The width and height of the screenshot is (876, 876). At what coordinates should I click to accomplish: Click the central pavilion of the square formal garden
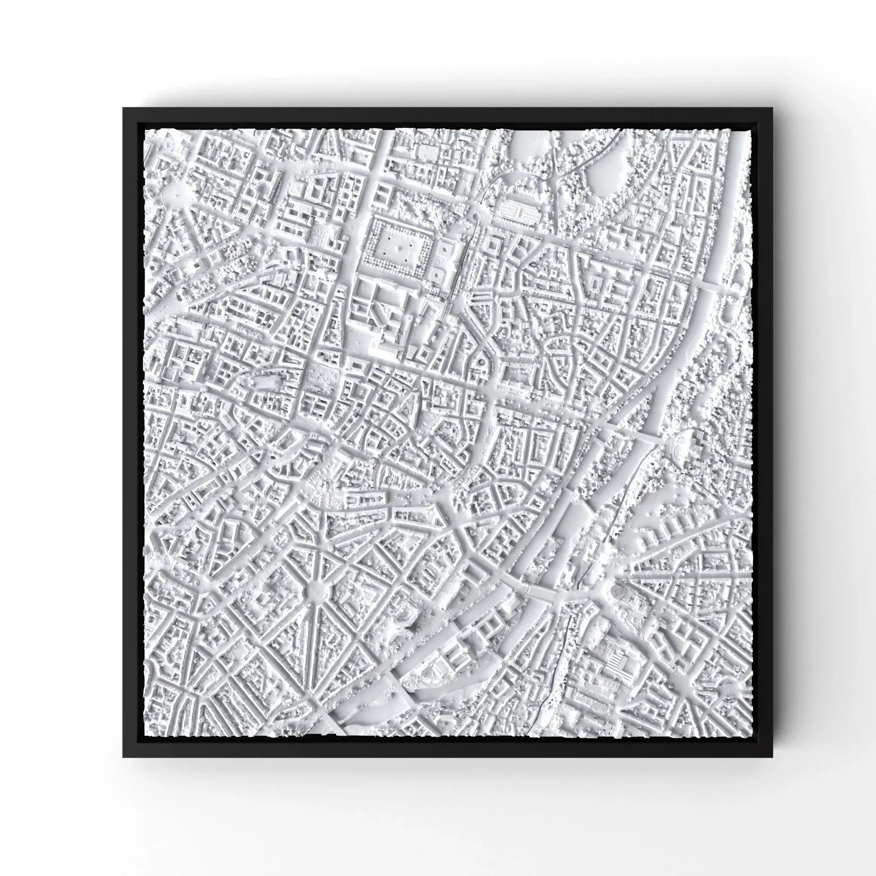pyautogui.click(x=399, y=248)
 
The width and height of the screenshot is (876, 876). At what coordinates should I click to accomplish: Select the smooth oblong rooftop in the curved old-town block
pyautogui.click(x=267, y=383)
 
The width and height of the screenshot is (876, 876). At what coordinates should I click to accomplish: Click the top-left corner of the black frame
pyautogui.click(x=124, y=108)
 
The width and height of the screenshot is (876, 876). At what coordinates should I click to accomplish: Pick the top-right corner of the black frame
pyautogui.click(x=772, y=108)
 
